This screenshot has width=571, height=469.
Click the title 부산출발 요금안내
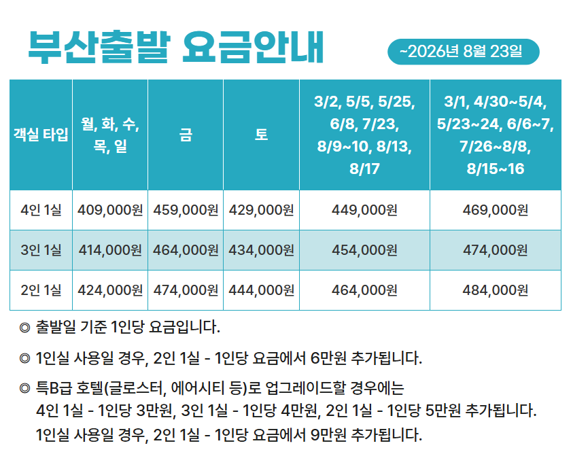coord(175,48)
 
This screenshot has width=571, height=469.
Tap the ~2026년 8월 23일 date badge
coord(462,52)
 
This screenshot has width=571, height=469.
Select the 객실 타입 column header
coord(41,135)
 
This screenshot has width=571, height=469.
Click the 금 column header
coord(186,135)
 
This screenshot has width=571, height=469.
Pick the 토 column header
coord(261,135)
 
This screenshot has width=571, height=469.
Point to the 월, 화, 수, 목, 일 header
coord(110,135)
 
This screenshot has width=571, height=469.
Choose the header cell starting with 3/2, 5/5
coord(364,135)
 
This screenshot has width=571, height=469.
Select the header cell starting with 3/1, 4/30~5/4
coord(495,135)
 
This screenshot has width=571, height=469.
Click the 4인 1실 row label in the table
coord(41,210)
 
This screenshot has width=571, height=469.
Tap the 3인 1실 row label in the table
coord(41,250)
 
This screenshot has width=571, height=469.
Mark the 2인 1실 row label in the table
coord(41,290)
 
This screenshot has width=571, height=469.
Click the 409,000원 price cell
coord(110,210)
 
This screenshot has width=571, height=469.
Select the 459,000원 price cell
coord(186,210)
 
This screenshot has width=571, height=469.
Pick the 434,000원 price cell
coord(261,250)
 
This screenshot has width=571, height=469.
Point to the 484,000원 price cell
coord(495,290)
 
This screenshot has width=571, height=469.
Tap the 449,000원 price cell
coord(364,210)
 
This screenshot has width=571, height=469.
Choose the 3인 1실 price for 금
coord(186,250)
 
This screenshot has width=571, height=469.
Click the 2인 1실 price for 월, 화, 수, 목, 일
coord(110,290)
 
